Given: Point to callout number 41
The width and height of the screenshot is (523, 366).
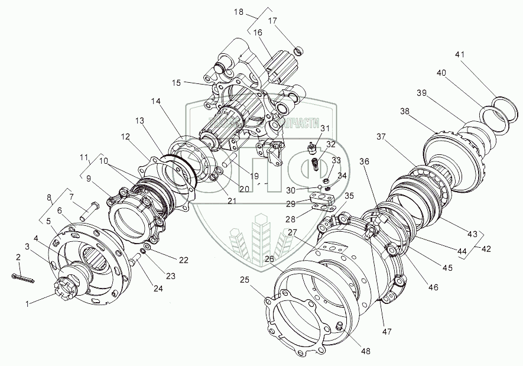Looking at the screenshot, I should tap(460, 55).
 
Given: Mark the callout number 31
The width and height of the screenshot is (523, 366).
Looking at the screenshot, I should tap(325, 129).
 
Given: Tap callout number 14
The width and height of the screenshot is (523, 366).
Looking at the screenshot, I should tap(155, 102).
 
